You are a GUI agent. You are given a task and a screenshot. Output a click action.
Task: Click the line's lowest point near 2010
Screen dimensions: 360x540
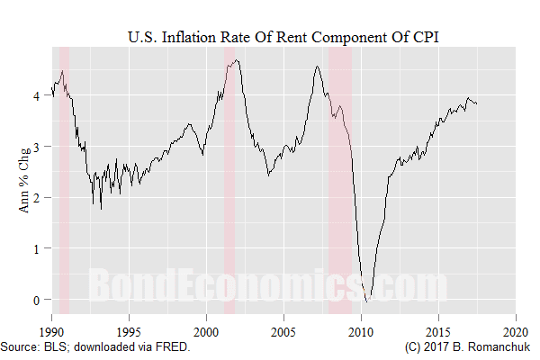(x=366, y=301)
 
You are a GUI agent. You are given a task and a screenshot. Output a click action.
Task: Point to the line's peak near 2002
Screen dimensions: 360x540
(x=236, y=60)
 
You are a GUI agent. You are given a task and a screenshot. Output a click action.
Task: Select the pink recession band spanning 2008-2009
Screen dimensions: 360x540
(x=340, y=180)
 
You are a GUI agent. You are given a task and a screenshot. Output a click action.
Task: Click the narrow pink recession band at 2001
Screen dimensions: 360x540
(x=229, y=180)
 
